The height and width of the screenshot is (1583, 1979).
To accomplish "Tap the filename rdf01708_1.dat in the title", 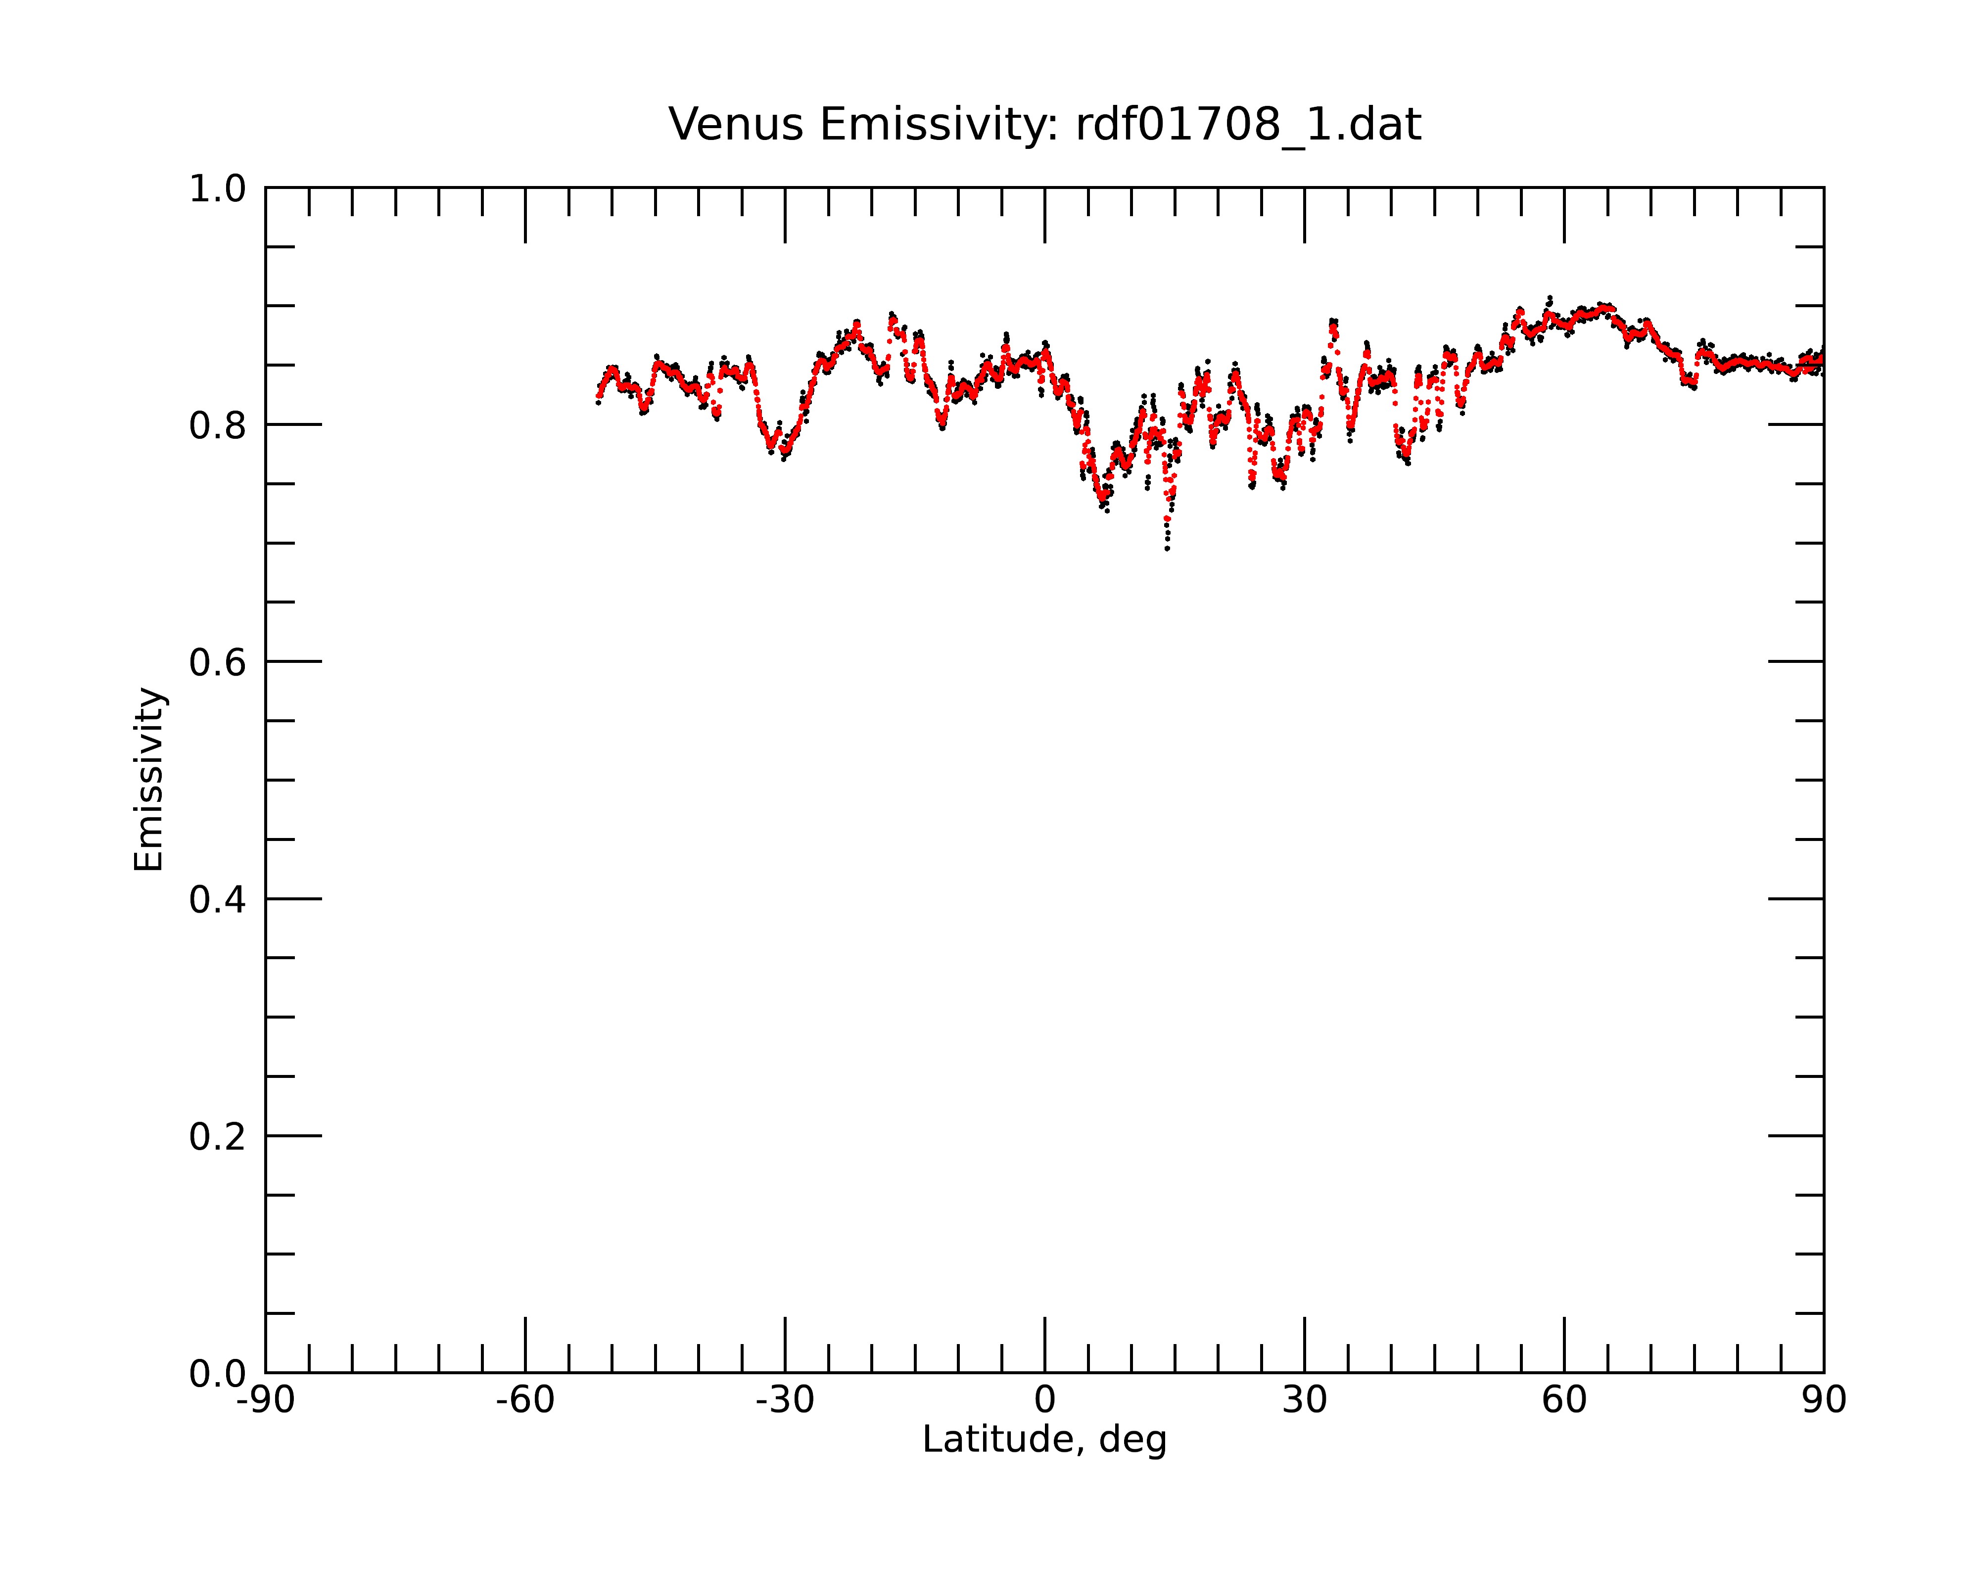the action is (1248, 125).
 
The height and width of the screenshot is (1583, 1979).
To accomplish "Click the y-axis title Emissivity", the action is (149, 779).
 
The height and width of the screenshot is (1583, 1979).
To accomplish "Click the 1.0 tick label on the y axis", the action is (218, 190).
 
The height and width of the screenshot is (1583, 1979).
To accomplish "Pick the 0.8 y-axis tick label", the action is (218, 426).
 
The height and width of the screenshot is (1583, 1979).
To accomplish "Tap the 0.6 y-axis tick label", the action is (218, 662).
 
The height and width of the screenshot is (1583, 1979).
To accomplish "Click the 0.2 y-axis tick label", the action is (218, 1137).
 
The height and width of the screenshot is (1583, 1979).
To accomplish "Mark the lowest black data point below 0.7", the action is (1167, 549).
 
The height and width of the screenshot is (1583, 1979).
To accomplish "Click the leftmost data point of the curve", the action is (598, 402).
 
